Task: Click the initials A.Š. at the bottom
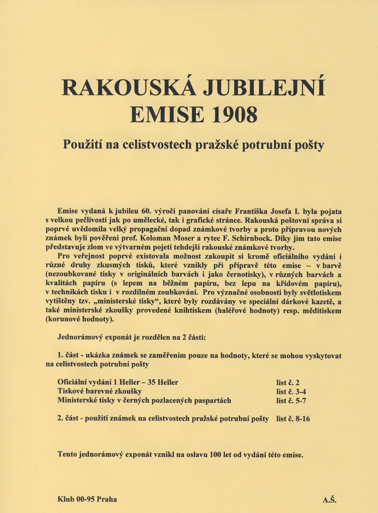coord(330,500)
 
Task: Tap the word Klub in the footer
coord(66,499)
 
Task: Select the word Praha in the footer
coord(107,499)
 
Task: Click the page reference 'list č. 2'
coord(291,383)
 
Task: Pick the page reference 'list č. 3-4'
coord(291,392)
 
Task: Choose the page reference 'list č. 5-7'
coord(291,401)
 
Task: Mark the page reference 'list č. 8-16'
coord(293,419)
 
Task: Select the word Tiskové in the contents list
coord(71,391)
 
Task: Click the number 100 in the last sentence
coord(215,455)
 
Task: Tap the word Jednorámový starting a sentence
coord(80,338)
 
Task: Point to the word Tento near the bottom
coord(67,455)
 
